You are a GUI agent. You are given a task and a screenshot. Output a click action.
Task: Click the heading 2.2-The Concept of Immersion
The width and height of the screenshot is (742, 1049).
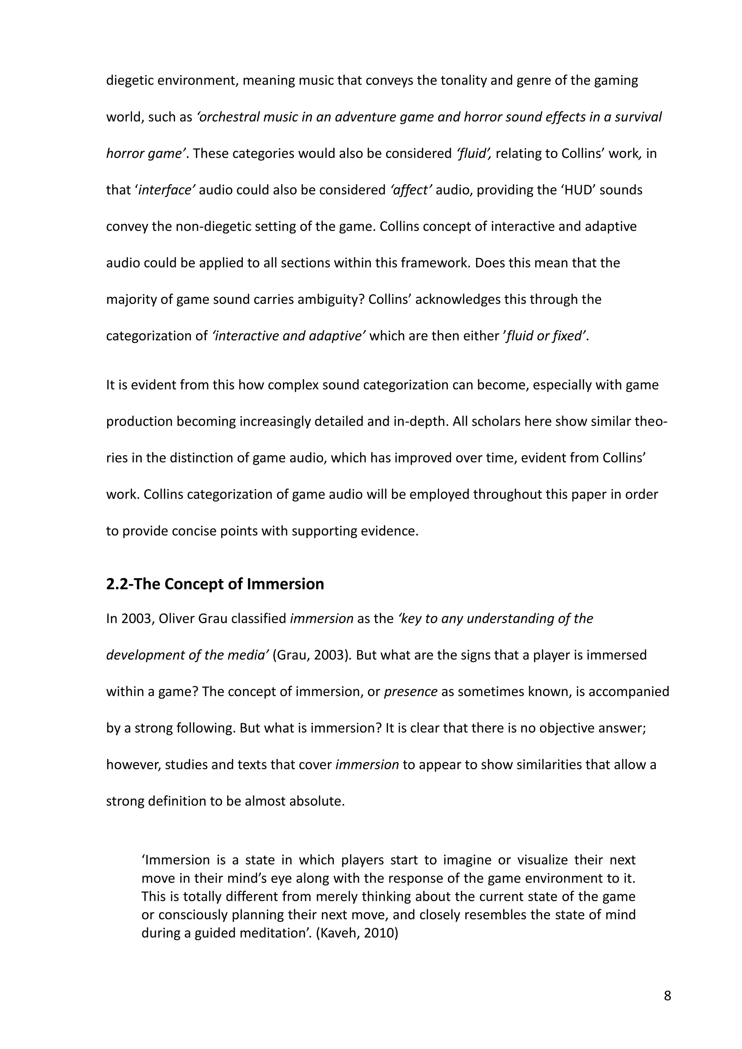pyautogui.click(x=215, y=584)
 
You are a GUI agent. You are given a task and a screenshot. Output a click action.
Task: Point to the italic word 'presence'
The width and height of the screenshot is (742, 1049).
pyautogui.click(x=410, y=691)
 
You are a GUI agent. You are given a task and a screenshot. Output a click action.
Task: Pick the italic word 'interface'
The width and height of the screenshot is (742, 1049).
pyautogui.click(x=166, y=190)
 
